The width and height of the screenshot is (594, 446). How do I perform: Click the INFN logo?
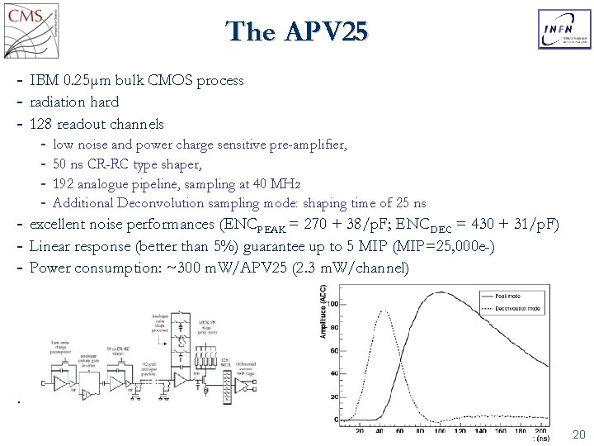(x=564, y=30)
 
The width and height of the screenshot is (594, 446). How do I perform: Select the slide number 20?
(x=578, y=434)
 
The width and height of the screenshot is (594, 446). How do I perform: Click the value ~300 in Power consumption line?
(x=210, y=268)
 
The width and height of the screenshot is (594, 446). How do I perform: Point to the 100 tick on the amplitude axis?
(x=333, y=305)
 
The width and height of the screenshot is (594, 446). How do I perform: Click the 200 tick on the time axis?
(x=540, y=431)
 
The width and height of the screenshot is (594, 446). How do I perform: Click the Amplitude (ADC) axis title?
(x=323, y=311)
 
